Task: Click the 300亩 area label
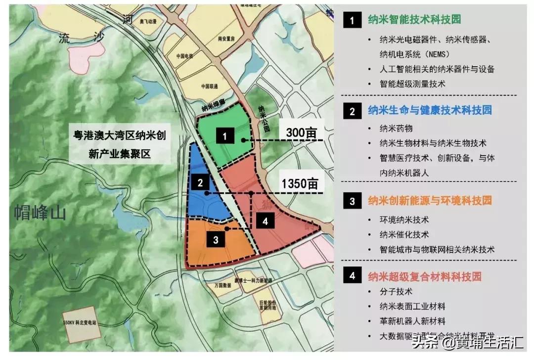(301, 132)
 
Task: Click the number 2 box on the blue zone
(200, 182)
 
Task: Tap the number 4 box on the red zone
(266, 221)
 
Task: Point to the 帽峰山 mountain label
(41, 214)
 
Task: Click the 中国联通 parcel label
(197, 86)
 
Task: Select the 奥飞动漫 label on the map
(148, 22)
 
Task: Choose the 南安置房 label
(231, 38)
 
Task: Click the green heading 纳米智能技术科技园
(414, 20)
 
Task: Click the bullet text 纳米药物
(396, 129)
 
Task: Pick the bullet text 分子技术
(396, 292)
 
